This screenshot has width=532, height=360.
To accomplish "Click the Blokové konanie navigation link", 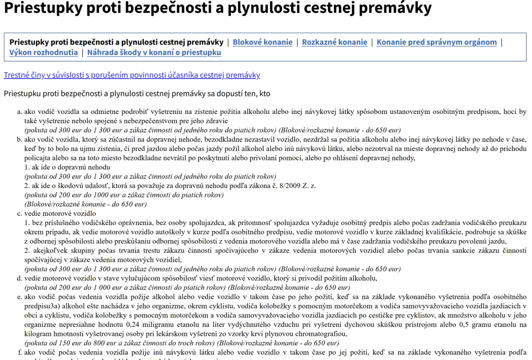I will (x=262, y=42).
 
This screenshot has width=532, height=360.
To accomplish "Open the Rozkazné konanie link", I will (x=335, y=42).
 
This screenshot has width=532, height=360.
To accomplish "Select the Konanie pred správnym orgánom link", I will (x=436, y=42).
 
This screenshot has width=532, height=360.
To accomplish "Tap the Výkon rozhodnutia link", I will (x=44, y=53).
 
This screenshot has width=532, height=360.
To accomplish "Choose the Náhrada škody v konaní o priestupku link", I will (x=154, y=53).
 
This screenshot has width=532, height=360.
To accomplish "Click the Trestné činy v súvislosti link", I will (x=132, y=75).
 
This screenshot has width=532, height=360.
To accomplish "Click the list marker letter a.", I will (x=19, y=112).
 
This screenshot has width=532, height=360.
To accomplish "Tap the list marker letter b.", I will (x=19, y=139).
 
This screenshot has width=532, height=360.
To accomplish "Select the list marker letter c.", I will (x=19, y=214).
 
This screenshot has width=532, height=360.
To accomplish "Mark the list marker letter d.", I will (x=19, y=278).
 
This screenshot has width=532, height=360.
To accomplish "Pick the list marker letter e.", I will (x=19, y=297).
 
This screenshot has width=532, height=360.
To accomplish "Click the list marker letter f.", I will (x=20, y=353).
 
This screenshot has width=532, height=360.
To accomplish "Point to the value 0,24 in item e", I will (x=133, y=325).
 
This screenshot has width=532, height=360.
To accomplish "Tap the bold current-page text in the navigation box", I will (x=116, y=42).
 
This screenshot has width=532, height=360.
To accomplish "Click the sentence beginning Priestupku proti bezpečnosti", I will (x=137, y=94).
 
